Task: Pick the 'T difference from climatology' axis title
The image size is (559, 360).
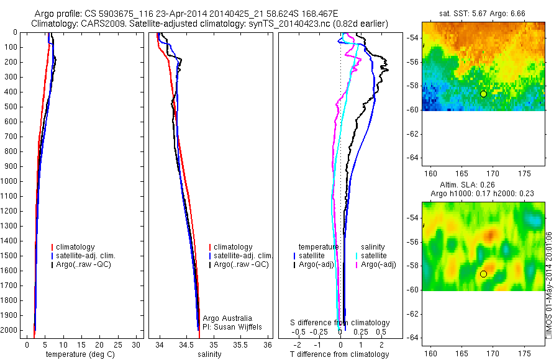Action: click(x=339, y=354)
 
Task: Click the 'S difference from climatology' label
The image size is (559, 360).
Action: click(x=340, y=323)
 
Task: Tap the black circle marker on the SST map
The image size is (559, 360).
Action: click(x=483, y=94)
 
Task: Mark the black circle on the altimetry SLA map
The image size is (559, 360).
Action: click(x=483, y=274)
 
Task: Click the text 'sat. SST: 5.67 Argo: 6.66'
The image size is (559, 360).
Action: click(x=483, y=14)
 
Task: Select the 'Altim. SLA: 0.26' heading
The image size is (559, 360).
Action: click(x=483, y=184)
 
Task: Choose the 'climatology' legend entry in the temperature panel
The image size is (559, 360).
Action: click(x=78, y=247)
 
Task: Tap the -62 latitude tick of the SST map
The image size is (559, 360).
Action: click(x=412, y=133)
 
